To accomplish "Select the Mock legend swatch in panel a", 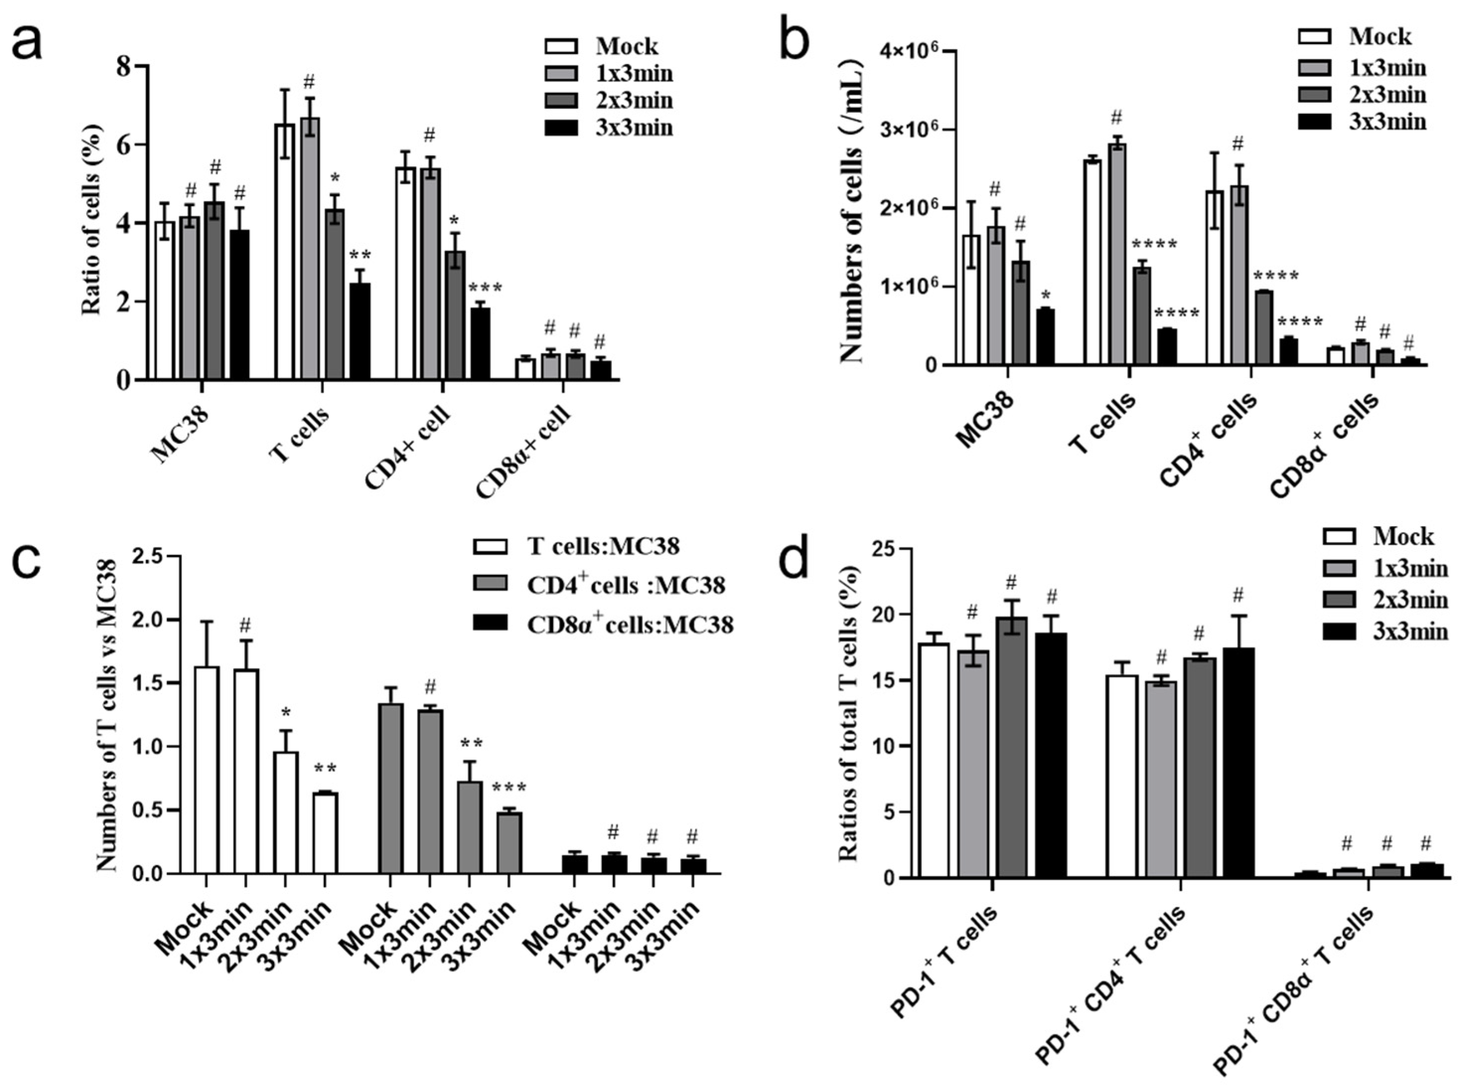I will (x=560, y=46).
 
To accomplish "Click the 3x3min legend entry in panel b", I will (x=1387, y=122).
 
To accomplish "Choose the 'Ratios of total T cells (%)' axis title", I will (x=849, y=714).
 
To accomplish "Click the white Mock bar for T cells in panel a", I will (x=285, y=251).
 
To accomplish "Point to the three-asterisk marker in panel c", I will (x=509, y=788).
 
